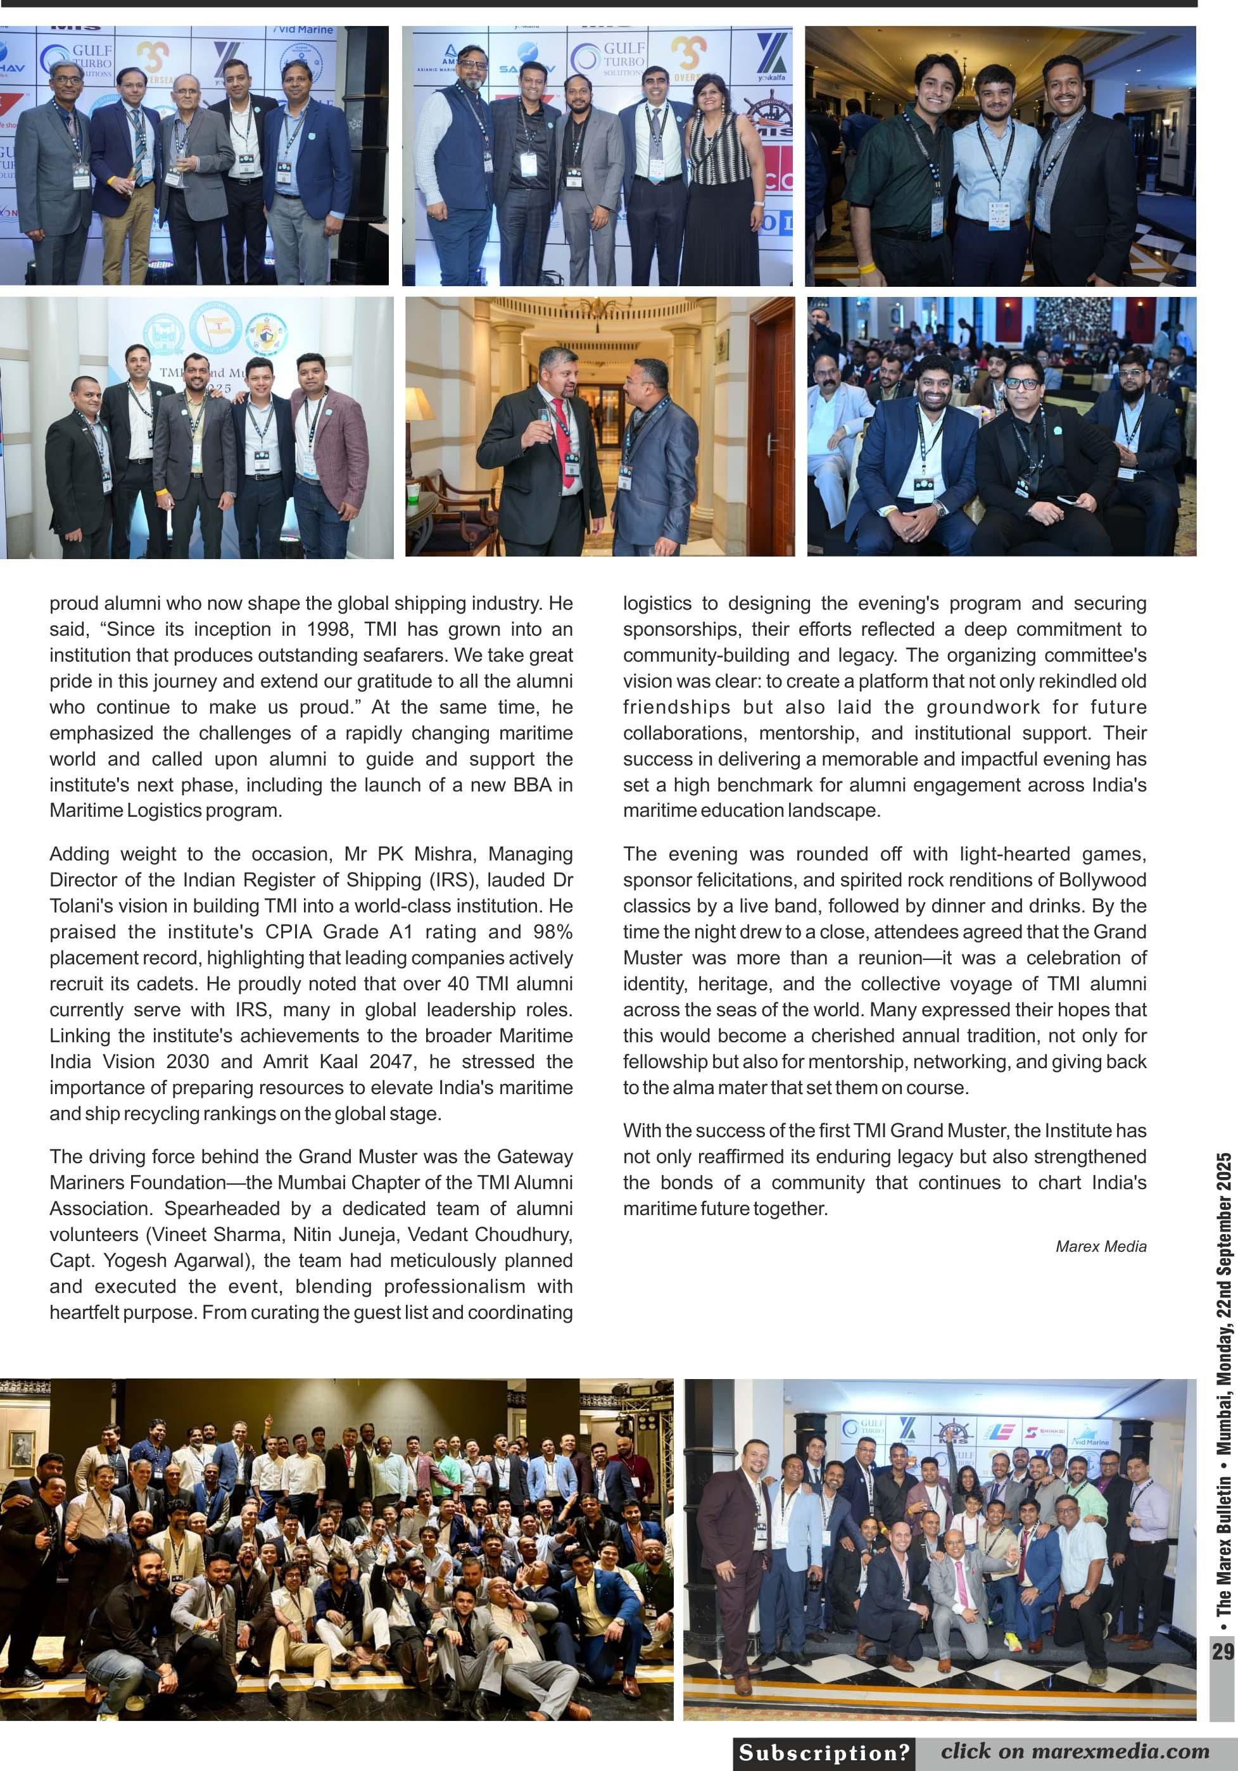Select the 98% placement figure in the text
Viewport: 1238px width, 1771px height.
553,932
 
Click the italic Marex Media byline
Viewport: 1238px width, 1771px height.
1101,1247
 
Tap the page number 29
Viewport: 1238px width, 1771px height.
1222,1652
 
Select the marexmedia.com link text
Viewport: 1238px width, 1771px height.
1118,1751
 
